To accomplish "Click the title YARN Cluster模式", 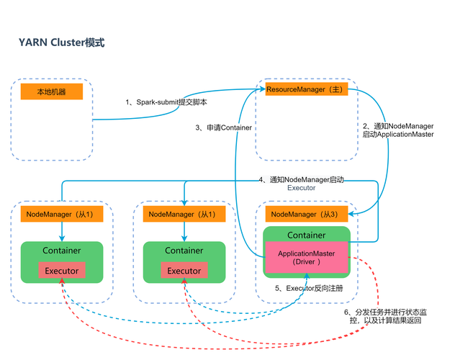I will click(61, 42).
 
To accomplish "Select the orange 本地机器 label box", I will click(52, 92).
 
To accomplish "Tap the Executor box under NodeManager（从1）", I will click(62, 271).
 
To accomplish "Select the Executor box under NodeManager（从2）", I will click(184, 271).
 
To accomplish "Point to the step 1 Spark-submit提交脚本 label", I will click(166, 103).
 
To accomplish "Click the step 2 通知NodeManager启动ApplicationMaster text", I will click(397, 130).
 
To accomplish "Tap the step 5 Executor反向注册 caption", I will click(310, 288).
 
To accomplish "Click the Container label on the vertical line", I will click(236, 128).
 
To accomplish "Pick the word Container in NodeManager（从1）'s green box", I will click(62, 251).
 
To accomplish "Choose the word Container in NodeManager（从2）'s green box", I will click(184, 251).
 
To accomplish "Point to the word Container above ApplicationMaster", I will click(307, 235).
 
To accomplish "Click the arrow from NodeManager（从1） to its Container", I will click(62, 231).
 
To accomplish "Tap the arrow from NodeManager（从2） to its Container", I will click(184, 231).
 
